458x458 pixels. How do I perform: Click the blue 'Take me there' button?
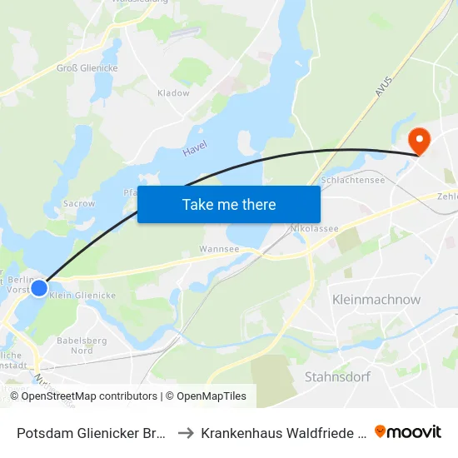[229, 204]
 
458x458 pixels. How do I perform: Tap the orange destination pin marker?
[418, 142]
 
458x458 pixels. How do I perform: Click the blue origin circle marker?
[39, 287]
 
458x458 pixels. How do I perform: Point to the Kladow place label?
[173, 93]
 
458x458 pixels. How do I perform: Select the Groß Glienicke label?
[87, 68]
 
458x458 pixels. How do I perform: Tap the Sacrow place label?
[79, 203]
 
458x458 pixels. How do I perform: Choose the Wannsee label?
[219, 248]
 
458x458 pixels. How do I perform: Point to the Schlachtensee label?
[351, 180]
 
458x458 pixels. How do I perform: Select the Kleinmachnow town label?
[376, 300]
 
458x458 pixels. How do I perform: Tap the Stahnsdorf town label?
[337, 376]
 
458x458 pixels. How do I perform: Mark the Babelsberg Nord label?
[75, 345]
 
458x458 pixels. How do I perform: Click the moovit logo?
[407, 431]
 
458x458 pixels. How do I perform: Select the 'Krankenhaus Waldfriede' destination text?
[283, 433]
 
